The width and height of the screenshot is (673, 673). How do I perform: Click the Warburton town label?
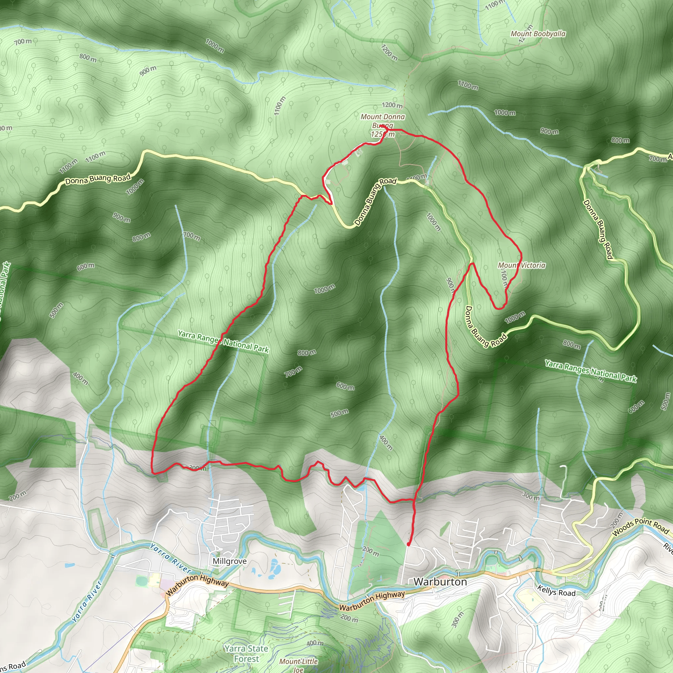tap(440, 582)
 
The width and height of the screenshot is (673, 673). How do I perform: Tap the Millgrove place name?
tap(230, 561)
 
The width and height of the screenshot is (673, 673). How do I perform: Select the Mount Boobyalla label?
tap(538, 34)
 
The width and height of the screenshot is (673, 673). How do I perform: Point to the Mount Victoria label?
tap(522, 266)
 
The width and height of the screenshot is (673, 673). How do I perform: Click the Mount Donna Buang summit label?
tap(383, 121)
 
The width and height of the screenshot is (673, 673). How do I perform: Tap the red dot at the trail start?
tap(408, 544)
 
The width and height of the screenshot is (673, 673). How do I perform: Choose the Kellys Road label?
tap(556, 591)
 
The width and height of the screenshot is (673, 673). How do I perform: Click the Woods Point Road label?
tap(640, 527)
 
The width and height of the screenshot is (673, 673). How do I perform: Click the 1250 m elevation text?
tap(383, 134)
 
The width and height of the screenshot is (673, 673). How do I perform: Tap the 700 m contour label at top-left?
tap(23, 42)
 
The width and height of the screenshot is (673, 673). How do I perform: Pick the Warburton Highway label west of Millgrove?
tap(197, 585)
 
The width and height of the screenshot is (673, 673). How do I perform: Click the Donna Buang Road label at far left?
tap(98, 179)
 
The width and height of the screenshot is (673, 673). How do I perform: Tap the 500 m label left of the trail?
tap(57, 310)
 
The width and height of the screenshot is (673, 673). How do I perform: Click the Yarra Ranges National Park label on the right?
tap(591, 371)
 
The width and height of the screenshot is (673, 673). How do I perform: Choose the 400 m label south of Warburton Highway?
tap(315, 643)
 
